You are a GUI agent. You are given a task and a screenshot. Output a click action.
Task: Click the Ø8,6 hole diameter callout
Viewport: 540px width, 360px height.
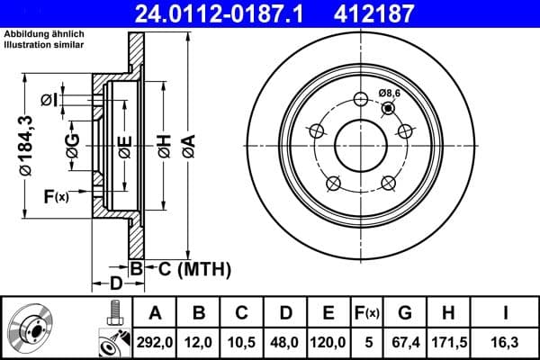pos(391,94)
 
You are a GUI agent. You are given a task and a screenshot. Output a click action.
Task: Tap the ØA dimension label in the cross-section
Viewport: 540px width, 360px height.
pos(187,144)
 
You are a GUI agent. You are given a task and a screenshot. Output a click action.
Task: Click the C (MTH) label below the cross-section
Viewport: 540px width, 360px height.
pos(188,268)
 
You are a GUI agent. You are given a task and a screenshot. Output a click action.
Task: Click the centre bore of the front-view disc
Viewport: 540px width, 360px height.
pos(360,143)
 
